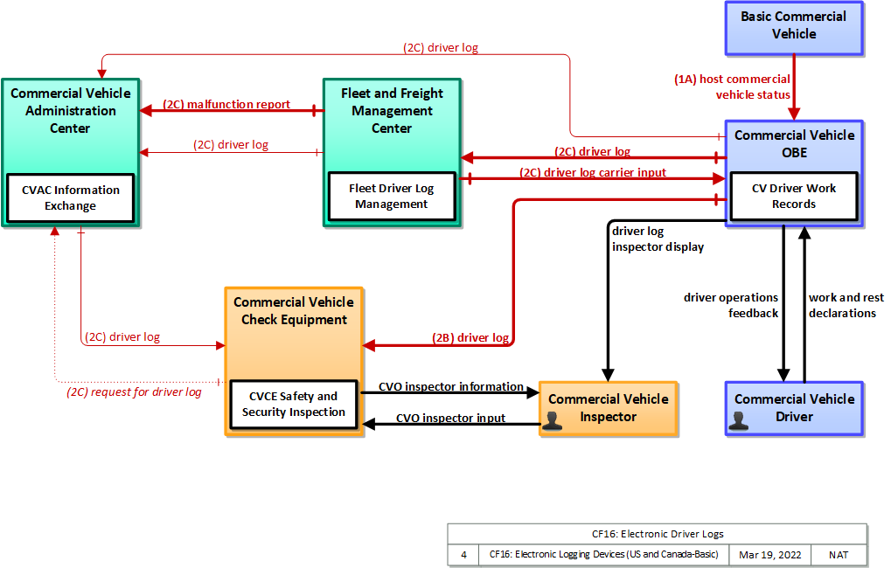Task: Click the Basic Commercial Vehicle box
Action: [794, 28]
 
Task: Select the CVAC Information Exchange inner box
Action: [71, 197]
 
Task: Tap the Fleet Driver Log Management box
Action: [392, 196]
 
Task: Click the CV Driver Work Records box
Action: [794, 196]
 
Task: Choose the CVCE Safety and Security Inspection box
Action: [294, 404]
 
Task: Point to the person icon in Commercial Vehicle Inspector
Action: [552, 420]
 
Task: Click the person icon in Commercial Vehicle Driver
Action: [738, 420]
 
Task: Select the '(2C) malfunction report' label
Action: [226, 105]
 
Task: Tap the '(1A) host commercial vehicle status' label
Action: [732, 87]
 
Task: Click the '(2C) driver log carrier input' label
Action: [593, 172]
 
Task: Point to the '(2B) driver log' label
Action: [470, 338]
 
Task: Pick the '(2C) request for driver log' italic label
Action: [134, 391]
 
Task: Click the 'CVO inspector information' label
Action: [450, 386]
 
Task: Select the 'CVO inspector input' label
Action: [450, 418]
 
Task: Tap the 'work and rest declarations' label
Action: [846, 305]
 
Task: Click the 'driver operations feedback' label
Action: [731, 305]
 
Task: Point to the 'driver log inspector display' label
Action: [658, 239]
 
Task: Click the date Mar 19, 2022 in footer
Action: [770, 555]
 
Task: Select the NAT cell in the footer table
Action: [839, 555]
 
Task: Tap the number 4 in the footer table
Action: [463, 555]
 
